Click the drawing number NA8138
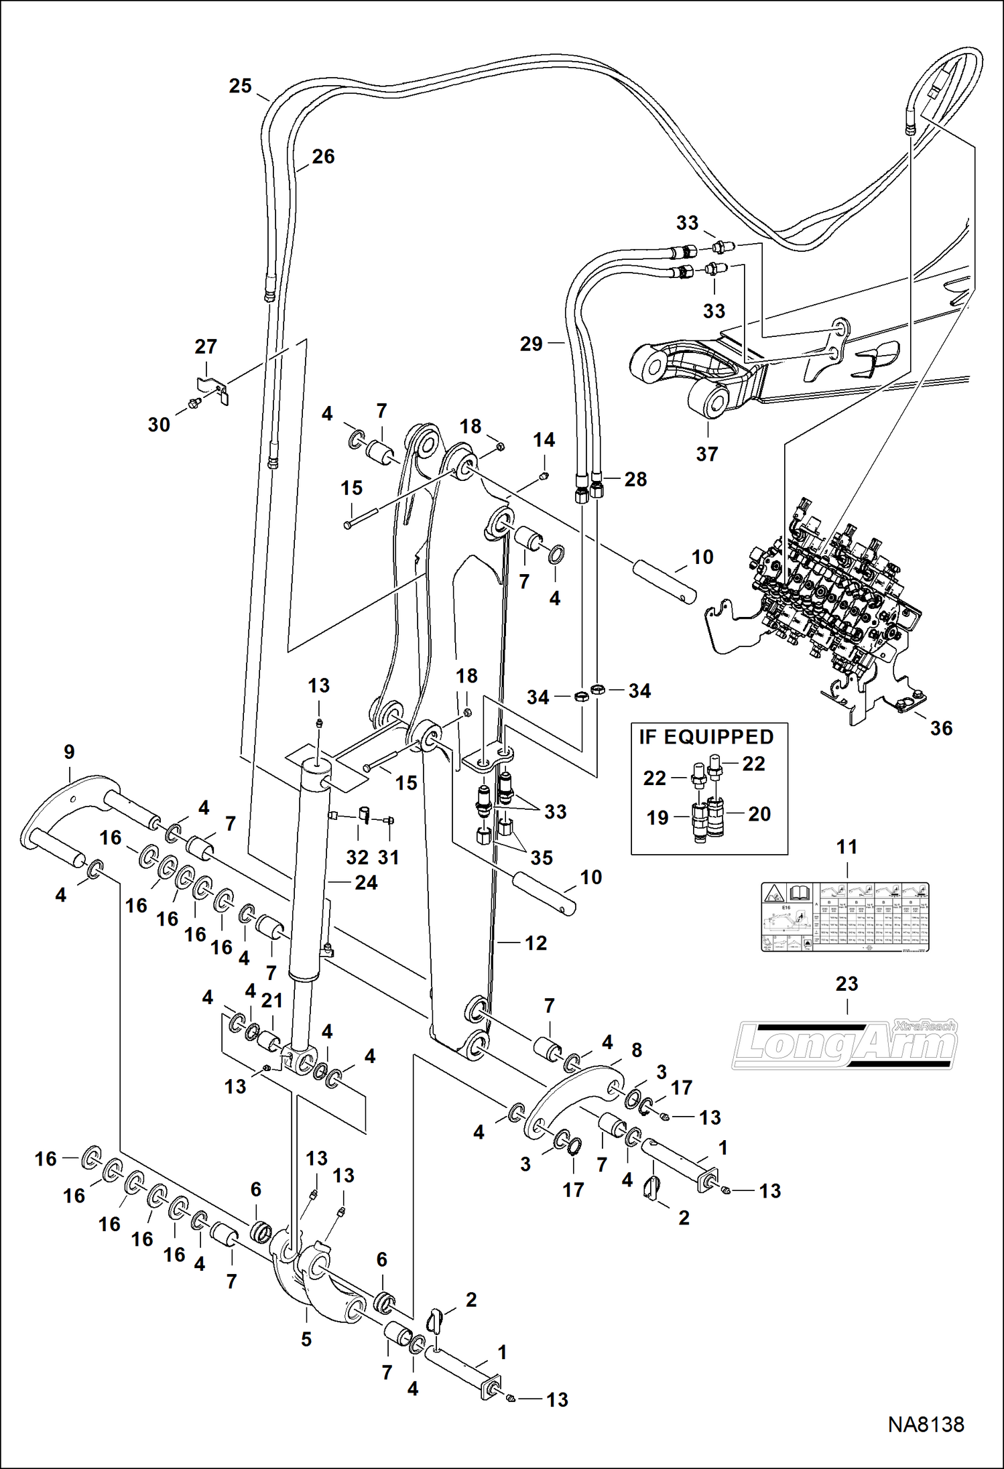(x=926, y=1424)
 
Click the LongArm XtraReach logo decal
(x=844, y=1046)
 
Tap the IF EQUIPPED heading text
(x=706, y=737)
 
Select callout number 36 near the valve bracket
(x=940, y=728)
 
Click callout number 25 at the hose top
(x=240, y=86)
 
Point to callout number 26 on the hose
(x=323, y=157)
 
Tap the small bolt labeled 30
(x=195, y=403)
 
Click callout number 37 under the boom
(x=706, y=453)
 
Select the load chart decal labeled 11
(x=844, y=916)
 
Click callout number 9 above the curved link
(x=69, y=752)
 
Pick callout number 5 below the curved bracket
(x=306, y=1339)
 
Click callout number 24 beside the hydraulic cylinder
(x=366, y=882)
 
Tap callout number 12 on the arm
(x=536, y=942)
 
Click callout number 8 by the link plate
(x=636, y=1050)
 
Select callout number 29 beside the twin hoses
(x=531, y=344)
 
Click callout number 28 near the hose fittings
(x=635, y=479)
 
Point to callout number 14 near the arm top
(x=544, y=440)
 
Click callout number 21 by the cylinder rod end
(x=271, y=1000)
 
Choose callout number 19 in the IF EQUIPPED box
(x=657, y=817)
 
